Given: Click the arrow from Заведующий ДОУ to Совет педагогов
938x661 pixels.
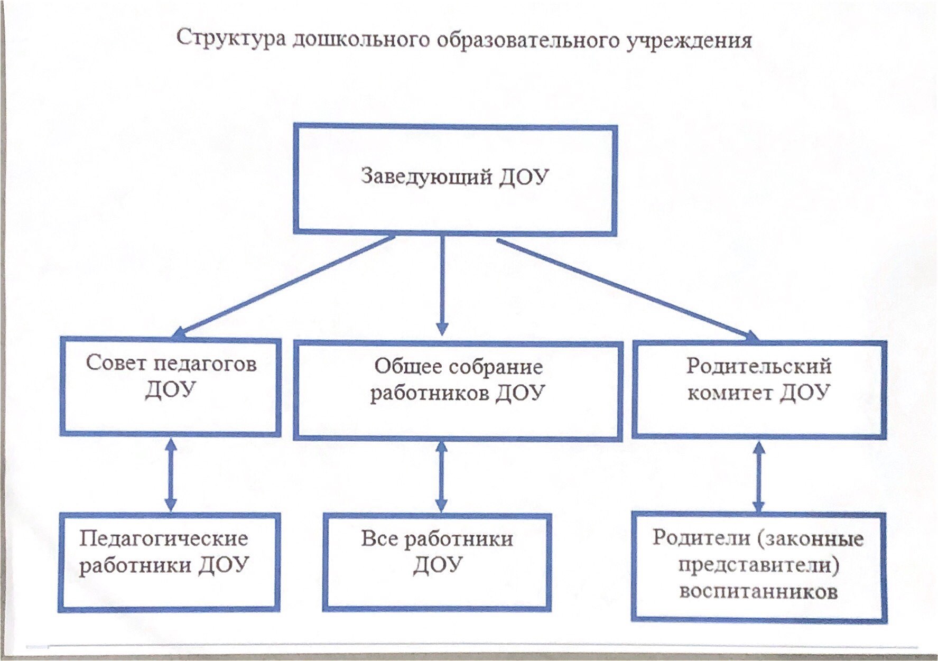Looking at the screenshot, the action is (x=284, y=286).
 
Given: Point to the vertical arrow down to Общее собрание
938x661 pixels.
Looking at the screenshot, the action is (x=442, y=285).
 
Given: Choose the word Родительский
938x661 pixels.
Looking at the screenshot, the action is (x=759, y=366).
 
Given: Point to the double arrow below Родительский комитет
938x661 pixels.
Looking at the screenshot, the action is (x=759, y=477).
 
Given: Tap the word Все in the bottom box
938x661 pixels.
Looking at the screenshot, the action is (x=380, y=539).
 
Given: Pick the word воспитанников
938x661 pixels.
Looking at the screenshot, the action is (x=759, y=591).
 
